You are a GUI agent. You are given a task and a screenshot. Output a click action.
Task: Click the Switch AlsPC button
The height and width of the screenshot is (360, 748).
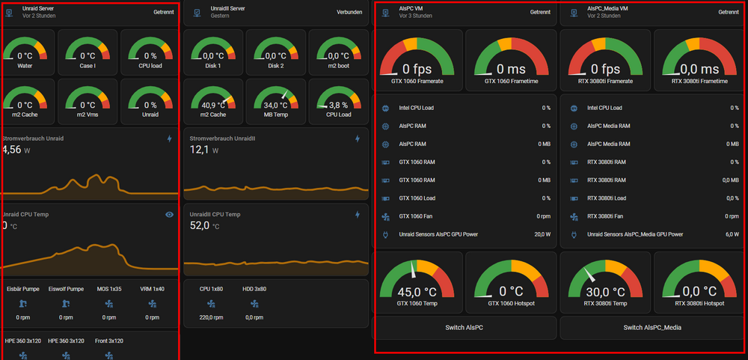pos(465,328)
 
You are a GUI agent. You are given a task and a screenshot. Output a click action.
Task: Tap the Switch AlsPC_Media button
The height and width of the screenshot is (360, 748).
pos(652,328)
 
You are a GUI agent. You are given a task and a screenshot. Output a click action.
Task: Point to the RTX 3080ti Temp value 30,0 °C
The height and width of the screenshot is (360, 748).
pos(605,292)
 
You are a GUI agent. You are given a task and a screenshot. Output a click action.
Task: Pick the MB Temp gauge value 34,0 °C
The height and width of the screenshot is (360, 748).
pos(275,105)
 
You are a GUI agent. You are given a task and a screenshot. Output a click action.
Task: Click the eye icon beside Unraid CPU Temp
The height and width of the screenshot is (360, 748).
pos(169,215)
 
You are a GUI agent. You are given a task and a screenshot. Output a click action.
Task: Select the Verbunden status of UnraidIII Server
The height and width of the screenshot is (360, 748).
pos(349,13)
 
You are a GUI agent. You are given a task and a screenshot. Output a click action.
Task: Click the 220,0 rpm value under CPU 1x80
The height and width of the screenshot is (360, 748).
pos(212,317)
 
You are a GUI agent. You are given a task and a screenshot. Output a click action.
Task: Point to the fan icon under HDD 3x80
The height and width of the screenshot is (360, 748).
pos(254,304)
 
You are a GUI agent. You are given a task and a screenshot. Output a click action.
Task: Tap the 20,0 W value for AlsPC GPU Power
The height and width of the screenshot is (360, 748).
pos(542,234)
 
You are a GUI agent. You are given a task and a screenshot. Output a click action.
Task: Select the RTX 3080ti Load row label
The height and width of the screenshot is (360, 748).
pos(607,198)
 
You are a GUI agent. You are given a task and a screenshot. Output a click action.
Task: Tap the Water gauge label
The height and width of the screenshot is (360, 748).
pos(25,66)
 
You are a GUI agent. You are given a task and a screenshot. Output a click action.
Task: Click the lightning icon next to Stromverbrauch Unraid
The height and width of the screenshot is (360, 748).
pos(169,139)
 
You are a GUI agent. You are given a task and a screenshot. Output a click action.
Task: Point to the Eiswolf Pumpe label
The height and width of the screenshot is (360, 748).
pos(67,289)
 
